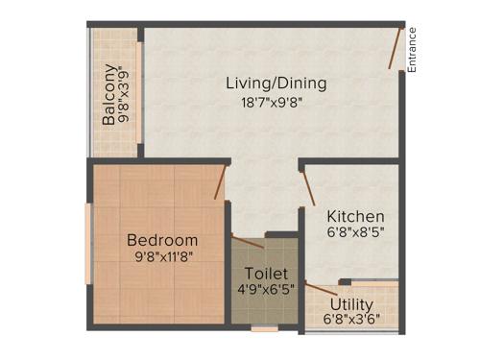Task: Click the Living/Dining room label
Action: point(276,84)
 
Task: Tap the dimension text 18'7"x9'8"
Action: point(276,104)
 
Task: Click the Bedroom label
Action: point(162,240)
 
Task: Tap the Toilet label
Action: point(266,274)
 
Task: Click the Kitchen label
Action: point(355,217)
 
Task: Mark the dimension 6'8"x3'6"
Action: point(351,318)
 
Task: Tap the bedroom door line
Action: point(221,182)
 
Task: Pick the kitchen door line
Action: point(306,186)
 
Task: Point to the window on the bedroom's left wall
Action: point(88,245)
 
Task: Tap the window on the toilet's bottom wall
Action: point(264,329)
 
